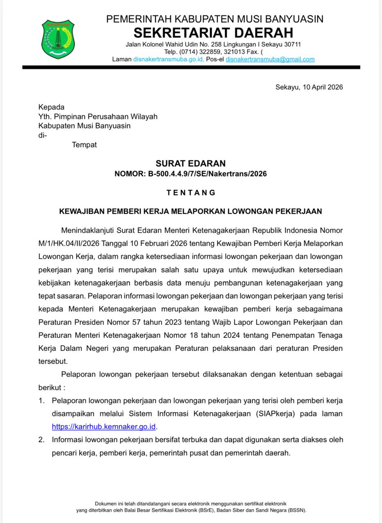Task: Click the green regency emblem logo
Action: coord(58,39)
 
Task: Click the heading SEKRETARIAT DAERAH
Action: coord(213,32)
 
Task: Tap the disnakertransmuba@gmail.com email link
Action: coord(270,59)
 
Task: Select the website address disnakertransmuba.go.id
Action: coord(168,59)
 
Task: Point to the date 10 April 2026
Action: coord(323,87)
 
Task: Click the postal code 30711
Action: coord(292,45)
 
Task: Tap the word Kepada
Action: coord(52,107)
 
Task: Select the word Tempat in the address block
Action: coord(84,145)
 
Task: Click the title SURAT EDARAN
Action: coord(191,163)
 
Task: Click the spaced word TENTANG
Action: coord(191,192)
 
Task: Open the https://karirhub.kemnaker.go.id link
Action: coord(104,427)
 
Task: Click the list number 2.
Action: coord(41,440)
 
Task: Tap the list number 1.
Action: coord(41,401)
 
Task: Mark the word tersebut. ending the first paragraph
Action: coord(53,362)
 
